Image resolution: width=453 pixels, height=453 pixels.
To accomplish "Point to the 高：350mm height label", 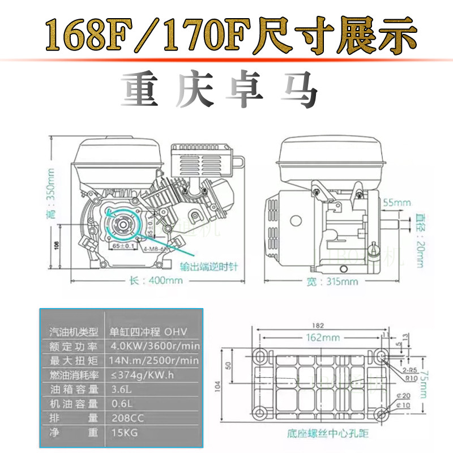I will pyautogui.click(x=51, y=186).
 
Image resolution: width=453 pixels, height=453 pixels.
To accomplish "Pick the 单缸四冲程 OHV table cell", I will pyautogui.click(x=148, y=331).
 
